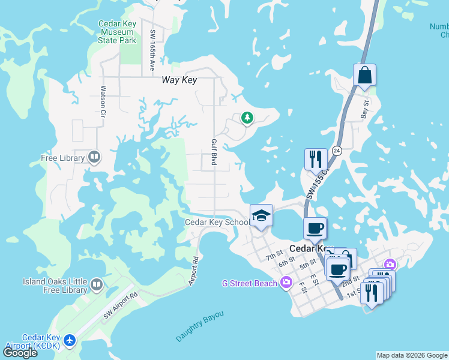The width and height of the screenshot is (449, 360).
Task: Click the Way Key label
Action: [180, 79]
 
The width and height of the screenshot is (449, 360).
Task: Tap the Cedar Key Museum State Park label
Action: [119, 32]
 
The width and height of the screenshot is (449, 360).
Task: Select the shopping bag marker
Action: [364, 76]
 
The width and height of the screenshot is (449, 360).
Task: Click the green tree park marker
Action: [247, 118]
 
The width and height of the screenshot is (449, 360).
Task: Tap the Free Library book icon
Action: [94, 158]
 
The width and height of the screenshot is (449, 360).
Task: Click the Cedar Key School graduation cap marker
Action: [261, 215]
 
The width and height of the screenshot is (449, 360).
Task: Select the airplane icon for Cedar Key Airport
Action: [70, 340]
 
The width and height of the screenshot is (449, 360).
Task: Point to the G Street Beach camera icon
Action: [286, 282]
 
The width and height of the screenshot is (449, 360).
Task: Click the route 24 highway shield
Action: [337, 151]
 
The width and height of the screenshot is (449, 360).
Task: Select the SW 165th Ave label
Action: [153, 50]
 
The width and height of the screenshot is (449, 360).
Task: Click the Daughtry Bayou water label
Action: [200, 326]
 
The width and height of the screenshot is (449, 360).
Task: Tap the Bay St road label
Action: [364, 110]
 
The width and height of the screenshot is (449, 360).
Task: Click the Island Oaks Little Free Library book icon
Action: [97, 282]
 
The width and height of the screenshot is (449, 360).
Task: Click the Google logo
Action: [20, 353]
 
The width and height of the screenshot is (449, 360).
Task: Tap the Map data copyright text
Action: [412, 355]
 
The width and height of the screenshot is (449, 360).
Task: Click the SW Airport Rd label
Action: [120, 305]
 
